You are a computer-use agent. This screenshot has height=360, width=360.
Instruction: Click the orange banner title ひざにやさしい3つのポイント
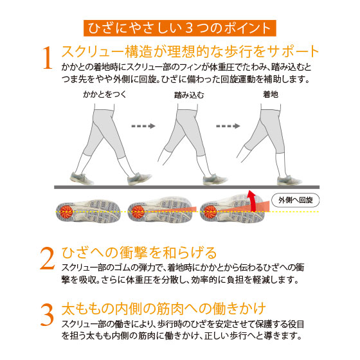tap(180, 28)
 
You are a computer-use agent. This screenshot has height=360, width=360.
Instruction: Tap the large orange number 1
tap(48, 58)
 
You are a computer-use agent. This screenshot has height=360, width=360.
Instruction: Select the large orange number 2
tap(48, 258)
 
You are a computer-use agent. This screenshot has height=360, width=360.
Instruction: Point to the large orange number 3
tap(48, 315)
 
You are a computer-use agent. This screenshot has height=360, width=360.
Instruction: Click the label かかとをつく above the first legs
tap(105, 94)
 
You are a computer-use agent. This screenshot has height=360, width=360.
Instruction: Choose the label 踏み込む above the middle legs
tap(189, 94)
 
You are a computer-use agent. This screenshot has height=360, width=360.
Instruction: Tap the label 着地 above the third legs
tap(271, 94)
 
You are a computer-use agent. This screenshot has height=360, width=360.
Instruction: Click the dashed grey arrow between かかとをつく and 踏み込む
tap(143, 126)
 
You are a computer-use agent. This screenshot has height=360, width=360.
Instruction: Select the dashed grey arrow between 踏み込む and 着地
tap(228, 126)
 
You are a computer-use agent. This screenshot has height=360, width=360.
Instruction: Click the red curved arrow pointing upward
tap(252, 200)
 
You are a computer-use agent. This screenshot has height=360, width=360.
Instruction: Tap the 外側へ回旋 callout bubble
tap(296, 200)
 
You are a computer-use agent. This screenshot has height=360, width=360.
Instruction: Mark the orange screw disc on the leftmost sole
tap(66, 212)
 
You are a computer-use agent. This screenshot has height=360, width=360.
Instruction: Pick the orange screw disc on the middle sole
tap(138, 212)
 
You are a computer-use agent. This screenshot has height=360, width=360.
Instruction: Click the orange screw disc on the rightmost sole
tap(210, 212)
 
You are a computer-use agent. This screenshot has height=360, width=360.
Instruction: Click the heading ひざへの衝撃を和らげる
tap(139, 253)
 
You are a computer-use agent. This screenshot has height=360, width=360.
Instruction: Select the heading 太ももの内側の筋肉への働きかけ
tap(163, 309)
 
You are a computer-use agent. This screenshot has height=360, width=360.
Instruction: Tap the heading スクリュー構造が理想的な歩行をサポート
tap(190, 51)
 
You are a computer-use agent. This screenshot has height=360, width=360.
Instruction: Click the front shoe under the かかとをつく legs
tap(139, 179)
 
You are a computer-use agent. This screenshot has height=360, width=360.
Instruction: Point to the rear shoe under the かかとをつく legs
tap(82, 178)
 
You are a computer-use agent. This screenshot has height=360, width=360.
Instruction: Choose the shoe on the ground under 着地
tap(289, 180)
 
